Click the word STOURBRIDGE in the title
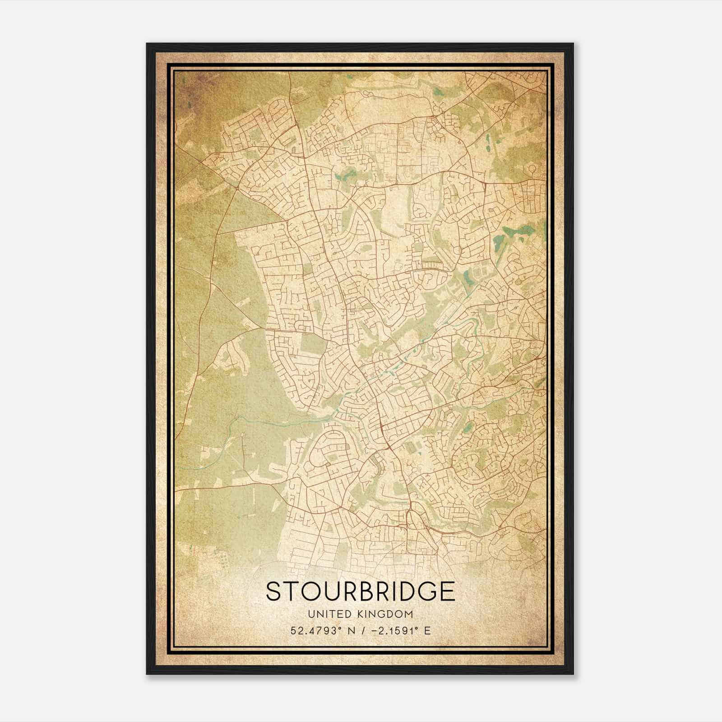pyautogui.click(x=360, y=591)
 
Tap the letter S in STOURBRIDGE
pyautogui.click(x=273, y=591)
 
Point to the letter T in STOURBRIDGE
pyautogui.click(x=292, y=591)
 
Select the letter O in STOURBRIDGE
pyautogui.click(x=313, y=591)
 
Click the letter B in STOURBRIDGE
pyautogui.click(x=371, y=591)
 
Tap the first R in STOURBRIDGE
pyautogui.click(x=353, y=591)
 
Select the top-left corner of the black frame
pyautogui.click(x=147, y=44)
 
